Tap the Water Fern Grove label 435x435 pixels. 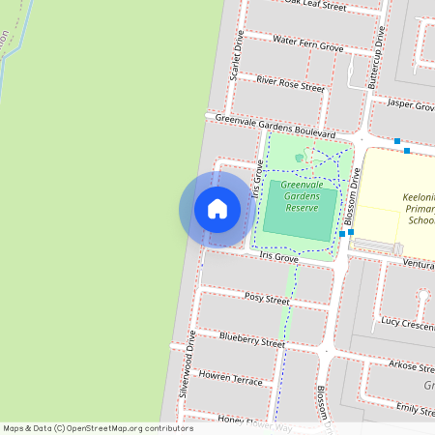pyautogui.click(x=308, y=44)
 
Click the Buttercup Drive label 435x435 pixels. pyautogui.click(x=378, y=60)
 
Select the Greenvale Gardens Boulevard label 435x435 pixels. pyautogui.click(x=275, y=126)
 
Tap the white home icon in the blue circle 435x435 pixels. pyautogui.click(x=217, y=209)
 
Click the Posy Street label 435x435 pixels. pyautogui.click(x=267, y=299)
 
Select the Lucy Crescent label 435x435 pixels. pyautogui.click(x=407, y=322)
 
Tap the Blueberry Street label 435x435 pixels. pyautogui.click(x=252, y=339)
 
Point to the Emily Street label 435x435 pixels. pyautogui.click(x=415, y=411)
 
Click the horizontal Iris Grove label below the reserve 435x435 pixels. pyautogui.click(x=278, y=258)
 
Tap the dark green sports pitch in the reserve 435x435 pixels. pyautogui.click(x=301, y=210)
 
